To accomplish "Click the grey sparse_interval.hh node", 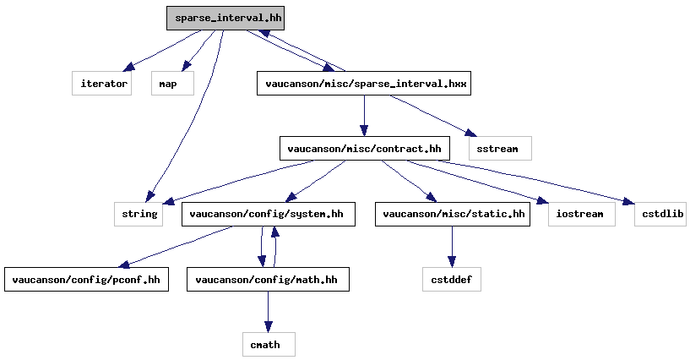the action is click(x=225, y=18).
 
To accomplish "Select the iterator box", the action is click(x=101, y=83).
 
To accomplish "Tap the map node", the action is click(x=172, y=83).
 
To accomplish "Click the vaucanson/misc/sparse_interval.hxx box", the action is click(x=364, y=83).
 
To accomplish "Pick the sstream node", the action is click(x=500, y=149).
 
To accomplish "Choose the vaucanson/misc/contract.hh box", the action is click(x=364, y=149).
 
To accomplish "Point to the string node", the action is click(x=139, y=214).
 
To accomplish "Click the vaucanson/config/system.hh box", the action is click(x=269, y=214).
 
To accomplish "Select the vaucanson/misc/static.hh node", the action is click(x=453, y=214).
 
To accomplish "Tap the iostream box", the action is click(x=582, y=214).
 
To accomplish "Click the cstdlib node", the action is click(x=660, y=214).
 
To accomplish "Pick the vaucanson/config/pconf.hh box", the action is click(x=87, y=279).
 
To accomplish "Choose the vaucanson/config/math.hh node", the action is click(x=268, y=279).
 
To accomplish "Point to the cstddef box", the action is click(x=452, y=279).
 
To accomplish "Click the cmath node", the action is click(x=269, y=344).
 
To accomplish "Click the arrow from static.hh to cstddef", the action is click(x=452, y=247).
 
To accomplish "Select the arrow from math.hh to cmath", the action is click(x=268, y=312).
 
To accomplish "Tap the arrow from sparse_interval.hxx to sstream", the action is click(x=433, y=115).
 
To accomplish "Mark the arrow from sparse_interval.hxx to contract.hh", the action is click(x=364, y=116).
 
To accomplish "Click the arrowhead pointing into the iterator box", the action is click(x=128, y=67).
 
